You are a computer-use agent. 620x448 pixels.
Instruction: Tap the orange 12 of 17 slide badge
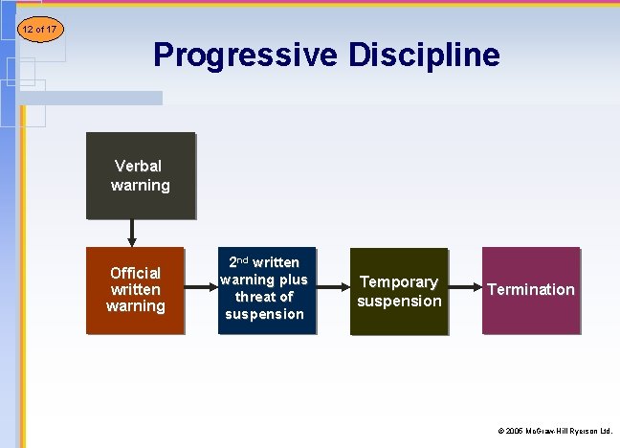[x=38, y=30]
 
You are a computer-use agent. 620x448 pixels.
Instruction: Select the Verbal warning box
[x=141, y=176]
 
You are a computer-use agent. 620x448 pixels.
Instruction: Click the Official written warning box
[x=135, y=291]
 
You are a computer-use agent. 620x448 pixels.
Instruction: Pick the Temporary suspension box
[x=399, y=291]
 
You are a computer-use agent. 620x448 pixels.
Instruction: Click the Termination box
[x=531, y=291]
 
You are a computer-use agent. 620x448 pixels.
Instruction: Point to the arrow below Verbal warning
[x=132, y=233]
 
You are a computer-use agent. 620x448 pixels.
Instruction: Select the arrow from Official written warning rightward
[x=200, y=287]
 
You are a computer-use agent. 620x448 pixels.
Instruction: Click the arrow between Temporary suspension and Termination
[x=464, y=287]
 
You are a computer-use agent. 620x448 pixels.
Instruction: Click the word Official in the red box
[x=135, y=273]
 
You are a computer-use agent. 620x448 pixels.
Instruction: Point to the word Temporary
[x=398, y=282]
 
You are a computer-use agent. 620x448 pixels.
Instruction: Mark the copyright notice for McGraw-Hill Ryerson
[x=554, y=432]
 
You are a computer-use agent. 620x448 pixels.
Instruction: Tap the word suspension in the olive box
[x=399, y=301]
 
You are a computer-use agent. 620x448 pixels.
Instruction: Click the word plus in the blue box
[x=293, y=280]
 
